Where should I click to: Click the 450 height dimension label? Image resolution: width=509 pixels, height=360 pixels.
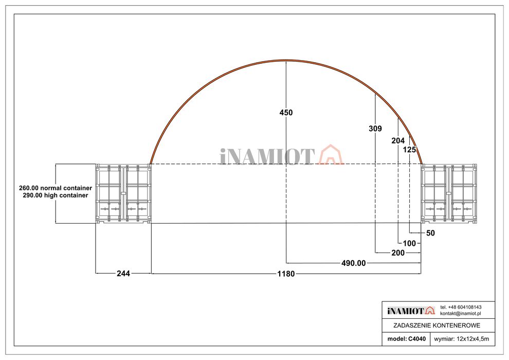click(286, 113)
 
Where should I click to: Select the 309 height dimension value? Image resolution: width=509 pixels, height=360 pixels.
click(375, 129)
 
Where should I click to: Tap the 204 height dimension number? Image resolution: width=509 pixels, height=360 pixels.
click(398, 140)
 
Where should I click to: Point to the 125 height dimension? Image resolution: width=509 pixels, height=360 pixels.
click(409, 150)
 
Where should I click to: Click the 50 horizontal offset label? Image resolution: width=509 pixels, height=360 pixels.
click(430, 233)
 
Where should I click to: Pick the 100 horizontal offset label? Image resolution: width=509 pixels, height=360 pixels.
click(409, 243)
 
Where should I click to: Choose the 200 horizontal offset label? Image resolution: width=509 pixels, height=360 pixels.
click(398, 253)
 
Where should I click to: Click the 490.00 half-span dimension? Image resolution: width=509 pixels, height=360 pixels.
click(354, 263)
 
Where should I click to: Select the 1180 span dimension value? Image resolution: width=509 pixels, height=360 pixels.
click(286, 274)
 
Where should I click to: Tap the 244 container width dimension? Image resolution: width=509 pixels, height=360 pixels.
click(123, 274)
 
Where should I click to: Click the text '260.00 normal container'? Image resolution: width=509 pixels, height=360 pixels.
click(56, 188)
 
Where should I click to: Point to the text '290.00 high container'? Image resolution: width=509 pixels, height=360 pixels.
click(56, 195)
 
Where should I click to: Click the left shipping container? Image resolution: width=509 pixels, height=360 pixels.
click(123, 193)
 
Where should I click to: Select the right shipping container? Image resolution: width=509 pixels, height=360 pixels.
click(449, 193)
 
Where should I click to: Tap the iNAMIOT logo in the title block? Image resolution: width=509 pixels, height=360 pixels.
click(411, 311)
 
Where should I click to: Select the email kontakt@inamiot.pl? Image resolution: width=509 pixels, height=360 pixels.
click(460, 314)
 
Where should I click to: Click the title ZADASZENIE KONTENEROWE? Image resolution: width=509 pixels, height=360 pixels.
click(437, 325)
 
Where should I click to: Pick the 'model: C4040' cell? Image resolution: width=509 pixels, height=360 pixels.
click(406, 339)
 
